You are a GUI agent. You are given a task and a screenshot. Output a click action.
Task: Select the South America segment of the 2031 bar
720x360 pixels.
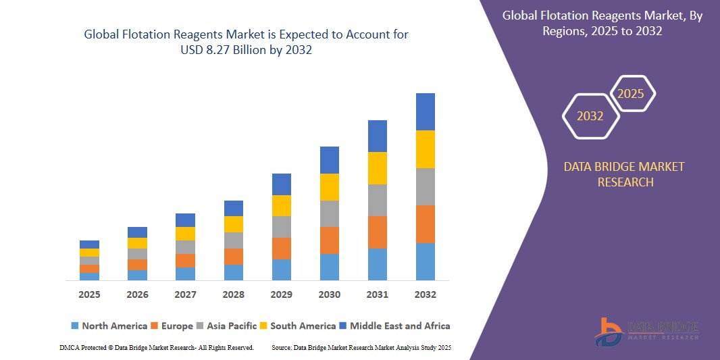coord(377,168)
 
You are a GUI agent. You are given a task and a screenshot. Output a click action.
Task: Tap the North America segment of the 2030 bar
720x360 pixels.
coord(329,267)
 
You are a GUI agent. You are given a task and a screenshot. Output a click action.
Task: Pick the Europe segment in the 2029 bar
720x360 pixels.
coord(281,248)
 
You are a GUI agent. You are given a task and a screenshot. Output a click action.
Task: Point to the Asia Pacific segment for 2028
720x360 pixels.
coord(233,240)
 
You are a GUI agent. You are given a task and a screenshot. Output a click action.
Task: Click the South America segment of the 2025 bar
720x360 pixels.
coord(89,253)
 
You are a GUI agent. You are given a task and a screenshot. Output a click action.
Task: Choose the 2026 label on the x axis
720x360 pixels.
coord(137,294)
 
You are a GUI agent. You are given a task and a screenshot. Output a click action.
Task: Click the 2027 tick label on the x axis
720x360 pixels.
coord(185,294)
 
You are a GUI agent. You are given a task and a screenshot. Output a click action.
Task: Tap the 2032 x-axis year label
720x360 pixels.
coord(425,294)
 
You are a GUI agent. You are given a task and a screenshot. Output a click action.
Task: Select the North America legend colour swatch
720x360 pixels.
coord(75,326)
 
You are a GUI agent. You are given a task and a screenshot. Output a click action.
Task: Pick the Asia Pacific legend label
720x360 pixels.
coord(232,326)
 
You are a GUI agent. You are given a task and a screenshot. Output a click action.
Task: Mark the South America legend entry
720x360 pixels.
coord(303,326)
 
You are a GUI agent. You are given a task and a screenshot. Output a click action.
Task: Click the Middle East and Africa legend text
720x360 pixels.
coord(400,326)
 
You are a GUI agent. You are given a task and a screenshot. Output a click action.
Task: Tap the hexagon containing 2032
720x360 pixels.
coord(590,116)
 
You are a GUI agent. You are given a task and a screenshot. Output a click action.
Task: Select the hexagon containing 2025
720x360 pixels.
coord(631,94)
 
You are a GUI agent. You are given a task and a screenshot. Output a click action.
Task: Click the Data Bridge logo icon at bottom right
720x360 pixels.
coord(609,332)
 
